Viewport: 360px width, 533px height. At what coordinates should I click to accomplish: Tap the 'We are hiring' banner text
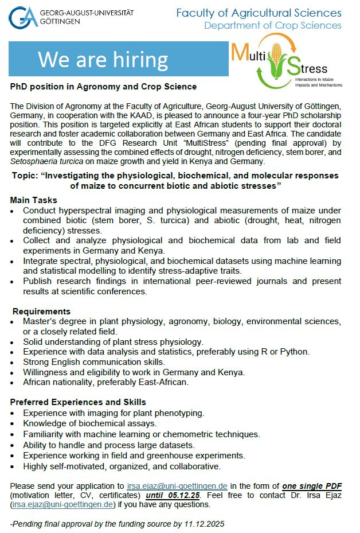103,60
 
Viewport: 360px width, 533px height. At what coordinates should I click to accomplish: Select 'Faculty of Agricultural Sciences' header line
259,13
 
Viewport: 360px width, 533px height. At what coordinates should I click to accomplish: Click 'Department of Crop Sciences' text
273,25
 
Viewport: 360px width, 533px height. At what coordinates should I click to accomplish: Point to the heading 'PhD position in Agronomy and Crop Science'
103,87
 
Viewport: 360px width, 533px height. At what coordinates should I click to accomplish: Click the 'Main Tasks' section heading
34,200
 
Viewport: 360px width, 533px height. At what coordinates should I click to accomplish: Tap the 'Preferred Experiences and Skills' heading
78,402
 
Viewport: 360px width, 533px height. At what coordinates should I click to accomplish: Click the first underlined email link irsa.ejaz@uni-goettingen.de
177,485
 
